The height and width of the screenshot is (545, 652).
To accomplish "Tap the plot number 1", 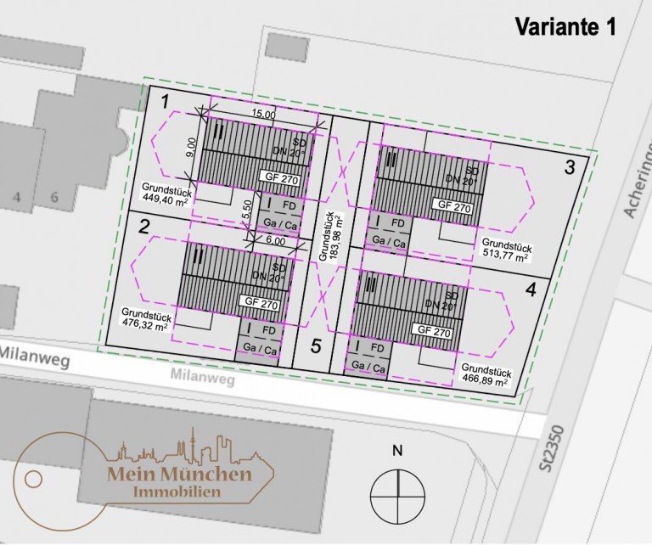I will tap(166, 103).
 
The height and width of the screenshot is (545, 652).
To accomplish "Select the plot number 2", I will tap(144, 227).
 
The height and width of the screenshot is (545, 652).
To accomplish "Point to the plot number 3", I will tap(570, 167).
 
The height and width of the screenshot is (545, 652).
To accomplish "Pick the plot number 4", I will tap(531, 290).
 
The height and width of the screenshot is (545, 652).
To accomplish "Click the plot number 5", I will tap(316, 346).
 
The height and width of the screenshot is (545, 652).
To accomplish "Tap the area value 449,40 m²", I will tap(163, 200).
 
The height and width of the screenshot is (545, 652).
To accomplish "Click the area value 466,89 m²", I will tap(484, 381).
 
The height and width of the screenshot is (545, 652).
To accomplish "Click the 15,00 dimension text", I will tap(262, 115).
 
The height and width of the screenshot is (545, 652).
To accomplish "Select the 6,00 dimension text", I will tap(275, 241).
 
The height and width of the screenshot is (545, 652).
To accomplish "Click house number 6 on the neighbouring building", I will tap(55, 198).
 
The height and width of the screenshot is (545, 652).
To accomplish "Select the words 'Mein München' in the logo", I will tap(179, 474).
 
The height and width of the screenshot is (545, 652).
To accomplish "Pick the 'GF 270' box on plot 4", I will tap(431, 330).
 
